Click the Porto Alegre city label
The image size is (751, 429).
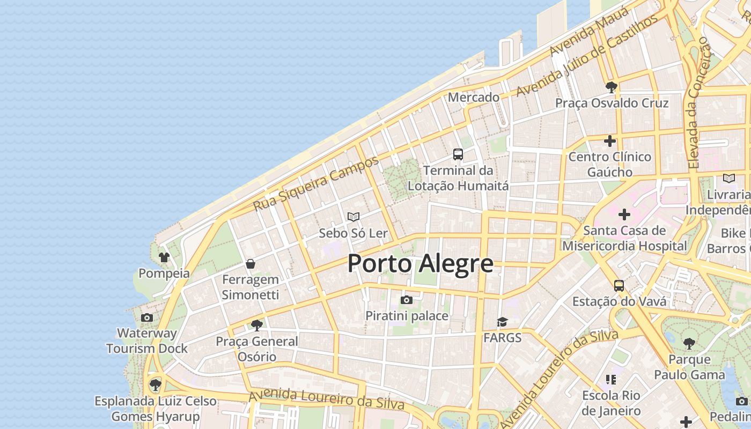click(x=421, y=263)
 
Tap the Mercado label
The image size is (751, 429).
click(x=474, y=98)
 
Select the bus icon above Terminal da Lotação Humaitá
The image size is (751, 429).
click(x=458, y=154)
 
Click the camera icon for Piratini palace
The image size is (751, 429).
click(x=407, y=300)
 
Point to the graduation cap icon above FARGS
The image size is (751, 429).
click(x=502, y=322)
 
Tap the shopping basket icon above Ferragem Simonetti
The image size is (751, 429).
click(x=250, y=264)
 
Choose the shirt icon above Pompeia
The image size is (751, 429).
click(x=164, y=257)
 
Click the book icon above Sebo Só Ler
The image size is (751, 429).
click(x=353, y=217)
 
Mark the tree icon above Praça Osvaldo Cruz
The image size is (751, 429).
click(x=611, y=87)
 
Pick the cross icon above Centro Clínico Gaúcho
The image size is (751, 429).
click(x=610, y=141)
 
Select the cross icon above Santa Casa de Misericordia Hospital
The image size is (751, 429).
click(x=624, y=214)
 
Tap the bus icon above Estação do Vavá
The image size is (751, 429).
click(x=619, y=285)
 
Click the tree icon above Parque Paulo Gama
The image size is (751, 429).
click(x=689, y=343)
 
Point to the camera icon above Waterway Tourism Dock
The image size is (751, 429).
click(x=146, y=317)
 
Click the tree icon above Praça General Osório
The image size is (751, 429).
click(x=257, y=325)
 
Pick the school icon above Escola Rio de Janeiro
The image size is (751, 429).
click(x=611, y=380)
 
